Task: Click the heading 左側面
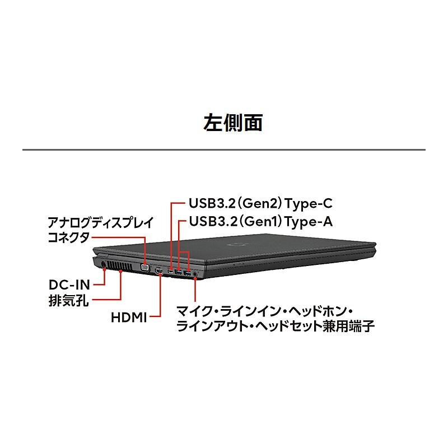tap(233, 123)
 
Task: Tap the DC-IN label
tap(69, 284)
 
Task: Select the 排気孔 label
tap(69, 300)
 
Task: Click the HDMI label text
tap(129, 318)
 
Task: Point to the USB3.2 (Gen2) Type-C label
tap(261, 203)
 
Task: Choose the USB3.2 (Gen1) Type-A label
tap(261, 221)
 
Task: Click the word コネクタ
tap(68, 237)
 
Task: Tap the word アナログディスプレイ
tap(101, 222)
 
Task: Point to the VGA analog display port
tap(145, 268)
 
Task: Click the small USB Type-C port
tap(171, 272)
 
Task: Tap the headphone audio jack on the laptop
tap(195, 273)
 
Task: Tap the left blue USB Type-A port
tap(179, 272)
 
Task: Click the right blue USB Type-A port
tap(187, 273)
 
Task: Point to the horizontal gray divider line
tap(224, 150)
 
